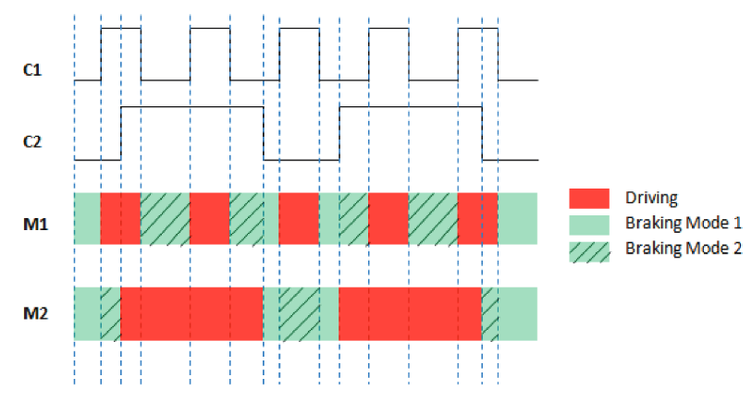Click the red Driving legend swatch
[x=588, y=198]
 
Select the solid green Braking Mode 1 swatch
[x=588, y=223]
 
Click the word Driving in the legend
[x=651, y=198]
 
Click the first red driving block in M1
[x=120, y=219]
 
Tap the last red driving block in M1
[x=478, y=219]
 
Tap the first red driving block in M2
[x=192, y=313]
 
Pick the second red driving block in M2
[x=411, y=313]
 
